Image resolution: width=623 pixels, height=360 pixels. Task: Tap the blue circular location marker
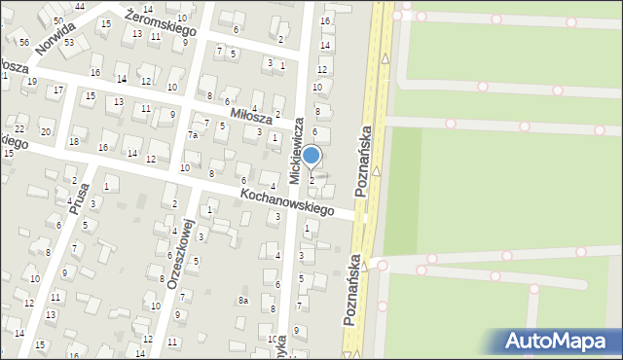point(311,155)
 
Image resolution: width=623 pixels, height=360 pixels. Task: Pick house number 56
point(22,42)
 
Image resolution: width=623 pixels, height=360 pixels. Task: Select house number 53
point(69,42)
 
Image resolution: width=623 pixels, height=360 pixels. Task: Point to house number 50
point(59,20)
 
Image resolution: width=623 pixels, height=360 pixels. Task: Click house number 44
point(79,6)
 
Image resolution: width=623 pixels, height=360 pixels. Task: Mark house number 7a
point(193,134)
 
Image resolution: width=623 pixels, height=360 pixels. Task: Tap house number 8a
point(243,301)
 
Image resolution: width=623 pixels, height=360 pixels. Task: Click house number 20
point(45,131)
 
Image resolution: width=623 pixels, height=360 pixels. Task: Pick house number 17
point(58,90)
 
